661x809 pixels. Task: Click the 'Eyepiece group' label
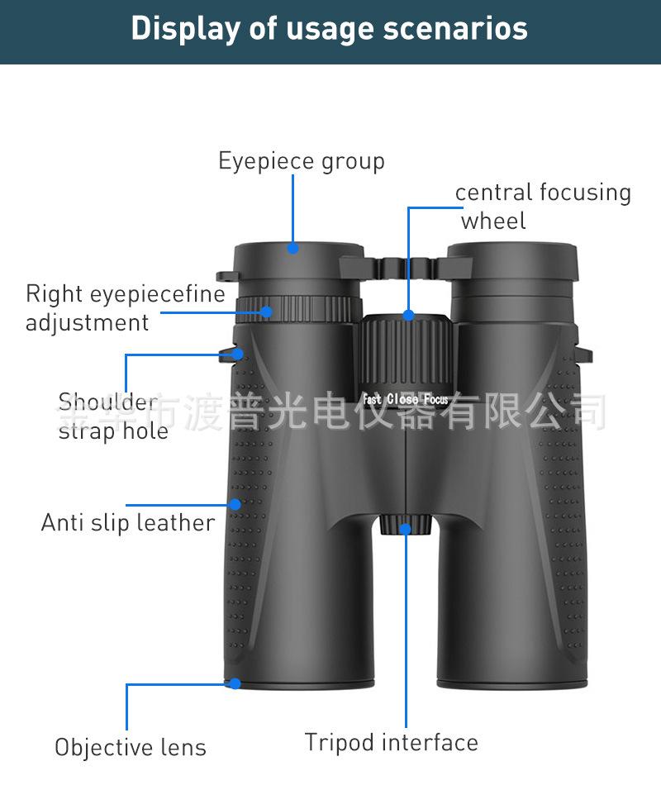point(301,160)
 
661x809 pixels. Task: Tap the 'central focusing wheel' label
point(542,206)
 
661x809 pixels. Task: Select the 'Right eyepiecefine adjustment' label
point(125,307)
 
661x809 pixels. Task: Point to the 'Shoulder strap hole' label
point(112,416)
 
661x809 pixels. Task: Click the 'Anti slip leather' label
point(128,522)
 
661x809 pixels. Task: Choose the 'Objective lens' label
point(131,747)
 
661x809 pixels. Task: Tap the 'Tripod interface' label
point(391,742)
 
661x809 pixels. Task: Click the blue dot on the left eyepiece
point(292,247)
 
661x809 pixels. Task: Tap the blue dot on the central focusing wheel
point(408,315)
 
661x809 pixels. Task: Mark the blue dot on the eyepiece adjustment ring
point(266,312)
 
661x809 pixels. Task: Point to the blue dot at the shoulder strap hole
point(237,354)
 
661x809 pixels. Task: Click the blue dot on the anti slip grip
point(235,503)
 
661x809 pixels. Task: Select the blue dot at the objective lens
point(235,683)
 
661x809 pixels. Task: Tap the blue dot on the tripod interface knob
point(406,529)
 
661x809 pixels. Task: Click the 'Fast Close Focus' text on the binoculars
point(406,400)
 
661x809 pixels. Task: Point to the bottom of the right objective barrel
point(512,681)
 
